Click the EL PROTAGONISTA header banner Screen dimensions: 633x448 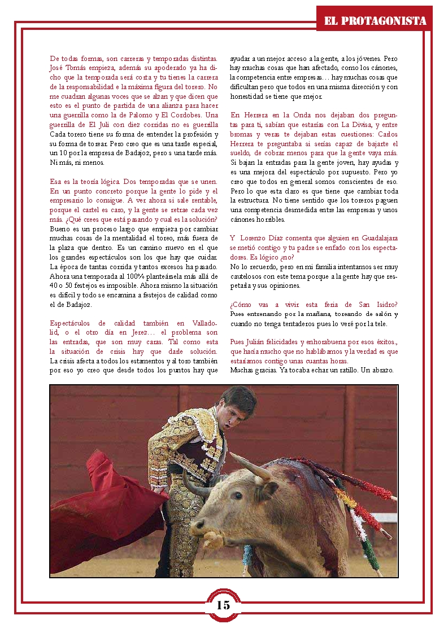click(x=375, y=21)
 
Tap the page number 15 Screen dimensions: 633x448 click(x=223, y=605)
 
